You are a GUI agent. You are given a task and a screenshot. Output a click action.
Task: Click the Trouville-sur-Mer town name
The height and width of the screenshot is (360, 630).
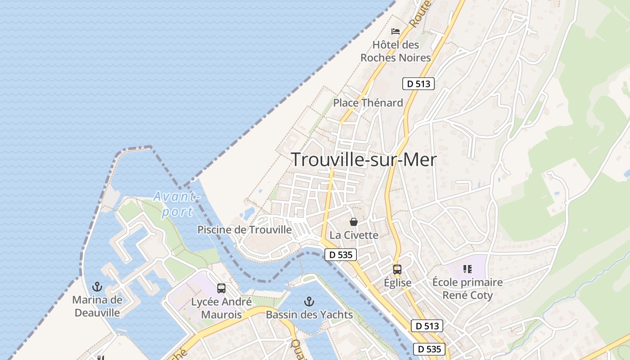tap(364, 160)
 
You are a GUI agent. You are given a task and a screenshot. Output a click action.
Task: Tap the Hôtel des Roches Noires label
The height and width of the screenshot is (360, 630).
tap(396, 51)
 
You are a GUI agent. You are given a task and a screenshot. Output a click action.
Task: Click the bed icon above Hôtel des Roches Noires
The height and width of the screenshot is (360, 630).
tap(396, 31)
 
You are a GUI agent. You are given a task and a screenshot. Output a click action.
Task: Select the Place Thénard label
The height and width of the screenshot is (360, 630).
tap(368, 103)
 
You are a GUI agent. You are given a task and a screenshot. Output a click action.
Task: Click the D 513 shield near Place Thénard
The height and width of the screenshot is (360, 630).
tap(418, 83)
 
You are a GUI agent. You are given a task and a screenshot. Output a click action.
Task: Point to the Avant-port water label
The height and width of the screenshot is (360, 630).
tap(176, 204)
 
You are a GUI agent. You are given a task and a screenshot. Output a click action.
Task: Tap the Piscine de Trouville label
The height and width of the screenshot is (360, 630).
tap(245, 230)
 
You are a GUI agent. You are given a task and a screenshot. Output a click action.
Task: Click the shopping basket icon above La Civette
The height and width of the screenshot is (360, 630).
tap(354, 222)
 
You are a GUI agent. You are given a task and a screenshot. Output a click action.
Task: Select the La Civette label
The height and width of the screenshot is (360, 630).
tap(354, 235)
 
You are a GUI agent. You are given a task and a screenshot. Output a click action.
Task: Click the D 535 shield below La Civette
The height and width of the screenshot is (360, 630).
tap(341, 255)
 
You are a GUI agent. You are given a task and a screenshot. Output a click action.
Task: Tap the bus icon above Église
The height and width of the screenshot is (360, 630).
tap(397, 270)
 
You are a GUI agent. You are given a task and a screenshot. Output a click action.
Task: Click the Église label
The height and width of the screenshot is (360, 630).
tap(397, 283)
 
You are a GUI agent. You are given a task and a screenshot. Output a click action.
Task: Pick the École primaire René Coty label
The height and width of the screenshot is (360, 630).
tap(468, 289)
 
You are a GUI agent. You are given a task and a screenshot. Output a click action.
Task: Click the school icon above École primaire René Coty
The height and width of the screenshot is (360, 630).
tap(467, 269)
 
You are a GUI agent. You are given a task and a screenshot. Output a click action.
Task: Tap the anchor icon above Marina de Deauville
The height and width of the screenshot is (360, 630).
tap(97, 287)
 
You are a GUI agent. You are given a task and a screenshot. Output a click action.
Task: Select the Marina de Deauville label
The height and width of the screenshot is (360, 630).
tap(97, 306)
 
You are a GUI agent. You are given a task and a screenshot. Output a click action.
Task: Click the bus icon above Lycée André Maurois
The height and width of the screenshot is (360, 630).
tap(221, 288)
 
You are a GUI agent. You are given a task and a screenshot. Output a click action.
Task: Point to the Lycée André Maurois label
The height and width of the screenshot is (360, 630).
tap(221, 308)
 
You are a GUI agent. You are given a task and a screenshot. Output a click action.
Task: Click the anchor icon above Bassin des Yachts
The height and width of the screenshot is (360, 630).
tap(309, 301)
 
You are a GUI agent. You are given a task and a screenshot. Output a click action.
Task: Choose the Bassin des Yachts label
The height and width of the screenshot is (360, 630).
tap(309, 315)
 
